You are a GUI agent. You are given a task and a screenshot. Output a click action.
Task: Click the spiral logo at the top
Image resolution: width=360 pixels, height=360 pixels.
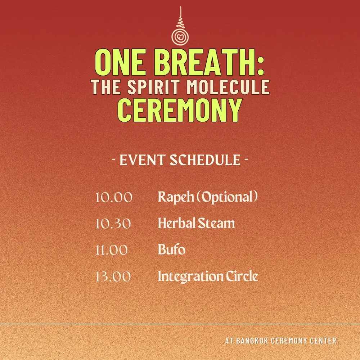click(x=180, y=35)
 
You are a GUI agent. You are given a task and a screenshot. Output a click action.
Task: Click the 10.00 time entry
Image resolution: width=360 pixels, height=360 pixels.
click(x=114, y=198)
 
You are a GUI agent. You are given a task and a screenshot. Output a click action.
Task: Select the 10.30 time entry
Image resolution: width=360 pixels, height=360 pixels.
click(x=114, y=224)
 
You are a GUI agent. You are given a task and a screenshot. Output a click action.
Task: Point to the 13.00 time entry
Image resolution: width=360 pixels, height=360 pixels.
click(x=113, y=277)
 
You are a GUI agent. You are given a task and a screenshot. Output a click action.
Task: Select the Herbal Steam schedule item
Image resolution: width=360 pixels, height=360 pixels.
click(x=196, y=224)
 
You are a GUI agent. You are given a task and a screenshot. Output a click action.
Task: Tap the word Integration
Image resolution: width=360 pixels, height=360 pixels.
click(x=191, y=276)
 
